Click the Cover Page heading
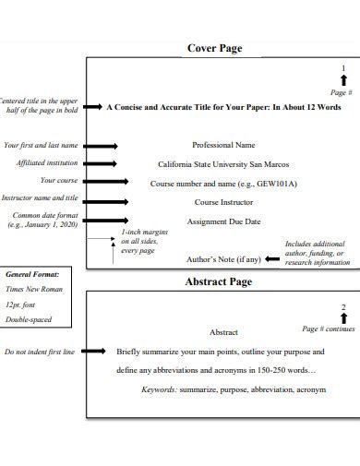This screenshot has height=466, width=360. (215, 48)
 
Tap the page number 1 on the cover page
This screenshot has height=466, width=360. (343, 69)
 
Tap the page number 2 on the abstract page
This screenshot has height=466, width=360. (343, 307)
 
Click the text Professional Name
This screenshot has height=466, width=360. (222, 146)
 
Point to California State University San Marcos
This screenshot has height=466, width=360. (222, 164)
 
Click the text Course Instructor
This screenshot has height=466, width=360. (222, 201)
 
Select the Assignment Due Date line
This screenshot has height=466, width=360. (223, 221)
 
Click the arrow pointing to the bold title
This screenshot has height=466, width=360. (92, 107)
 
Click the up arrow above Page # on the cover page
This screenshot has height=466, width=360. (343, 80)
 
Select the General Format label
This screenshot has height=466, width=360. (32, 274)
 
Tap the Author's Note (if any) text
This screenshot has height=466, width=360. (223, 259)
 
